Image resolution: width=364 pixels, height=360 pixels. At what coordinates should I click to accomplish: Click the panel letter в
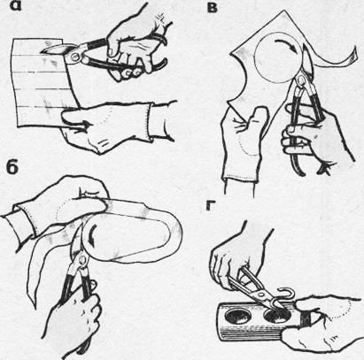click(213, 8)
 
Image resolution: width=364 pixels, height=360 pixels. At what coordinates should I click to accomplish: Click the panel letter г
click(212, 206)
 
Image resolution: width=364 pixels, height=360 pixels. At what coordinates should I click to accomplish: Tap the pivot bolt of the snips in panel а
click(76, 57)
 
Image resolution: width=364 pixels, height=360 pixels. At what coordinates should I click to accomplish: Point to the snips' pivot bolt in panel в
click(301, 79)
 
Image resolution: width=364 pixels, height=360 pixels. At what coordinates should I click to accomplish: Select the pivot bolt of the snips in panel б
click(81, 259)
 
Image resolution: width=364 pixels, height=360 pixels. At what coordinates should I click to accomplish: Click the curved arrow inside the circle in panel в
click(287, 46)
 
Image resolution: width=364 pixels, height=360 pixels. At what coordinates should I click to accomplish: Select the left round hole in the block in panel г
click(238, 316)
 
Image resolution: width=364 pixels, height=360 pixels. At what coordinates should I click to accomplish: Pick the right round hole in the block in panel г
click(277, 317)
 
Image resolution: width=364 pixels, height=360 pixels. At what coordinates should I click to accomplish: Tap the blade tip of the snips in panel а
click(43, 52)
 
